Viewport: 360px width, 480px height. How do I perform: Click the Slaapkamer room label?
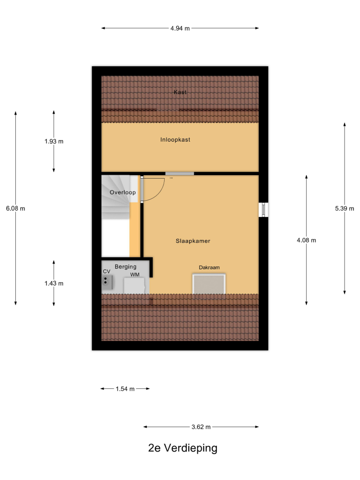pyautogui.click(x=193, y=241)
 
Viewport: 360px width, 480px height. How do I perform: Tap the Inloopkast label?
pyautogui.click(x=175, y=140)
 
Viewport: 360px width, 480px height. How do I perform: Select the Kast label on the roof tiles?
pyautogui.click(x=180, y=92)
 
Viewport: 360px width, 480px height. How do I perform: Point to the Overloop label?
pyautogui.click(x=122, y=192)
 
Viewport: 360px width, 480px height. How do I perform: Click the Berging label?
pyautogui.click(x=125, y=266)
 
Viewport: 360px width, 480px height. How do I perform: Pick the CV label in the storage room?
pyautogui.click(x=107, y=272)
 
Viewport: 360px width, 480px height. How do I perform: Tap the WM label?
pyautogui.click(x=135, y=275)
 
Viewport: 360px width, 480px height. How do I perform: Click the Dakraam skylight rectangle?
pyautogui.click(x=209, y=284)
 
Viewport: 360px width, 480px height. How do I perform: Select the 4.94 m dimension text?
pyautogui.click(x=180, y=28)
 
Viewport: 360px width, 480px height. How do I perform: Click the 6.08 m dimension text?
pyautogui.click(x=16, y=208)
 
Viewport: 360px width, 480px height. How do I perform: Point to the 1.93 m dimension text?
pyautogui.click(x=54, y=142)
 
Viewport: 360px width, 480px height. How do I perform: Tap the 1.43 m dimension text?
pyautogui.click(x=54, y=284)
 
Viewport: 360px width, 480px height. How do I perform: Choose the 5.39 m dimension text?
pyautogui.click(x=344, y=208)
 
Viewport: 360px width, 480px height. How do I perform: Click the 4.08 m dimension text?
pyautogui.click(x=306, y=240)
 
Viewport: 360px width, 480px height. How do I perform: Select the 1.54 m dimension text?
pyautogui.click(x=125, y=389)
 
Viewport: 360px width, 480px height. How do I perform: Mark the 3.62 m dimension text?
pyautogui.click(x=201, y=427)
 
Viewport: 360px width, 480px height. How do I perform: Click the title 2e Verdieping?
pyautogui.click(x=183, y=448)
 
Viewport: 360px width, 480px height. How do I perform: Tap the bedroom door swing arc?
pyautogui.click(x=160, y=193)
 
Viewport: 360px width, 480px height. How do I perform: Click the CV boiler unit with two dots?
pyautogui.click(x=107, y=282)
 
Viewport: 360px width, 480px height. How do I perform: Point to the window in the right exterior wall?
pyautogui.click(x=263, y=210)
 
